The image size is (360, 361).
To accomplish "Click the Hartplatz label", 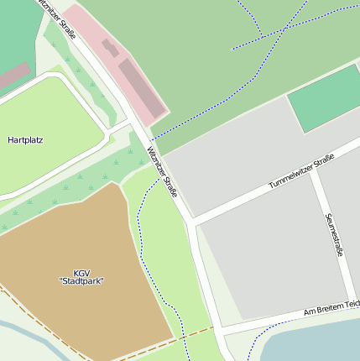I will click(x=25, y=140).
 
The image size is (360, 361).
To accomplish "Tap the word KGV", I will click(x=81, y=273).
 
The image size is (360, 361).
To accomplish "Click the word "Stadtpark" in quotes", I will click(x=81, y=281).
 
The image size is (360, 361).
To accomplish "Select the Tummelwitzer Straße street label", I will click(x=301, y=171).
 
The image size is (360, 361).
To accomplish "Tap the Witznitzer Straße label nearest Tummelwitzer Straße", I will click(x=162, y=172).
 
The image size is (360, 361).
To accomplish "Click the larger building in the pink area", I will click(x=141, y=86).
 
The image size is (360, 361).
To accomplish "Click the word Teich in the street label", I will click(x=350, y=303).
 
